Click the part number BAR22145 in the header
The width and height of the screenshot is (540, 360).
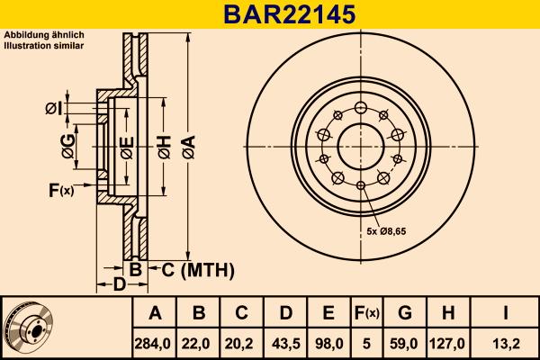270,14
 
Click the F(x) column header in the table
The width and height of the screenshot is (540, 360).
367,313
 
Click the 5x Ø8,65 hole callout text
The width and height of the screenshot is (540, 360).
388,231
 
